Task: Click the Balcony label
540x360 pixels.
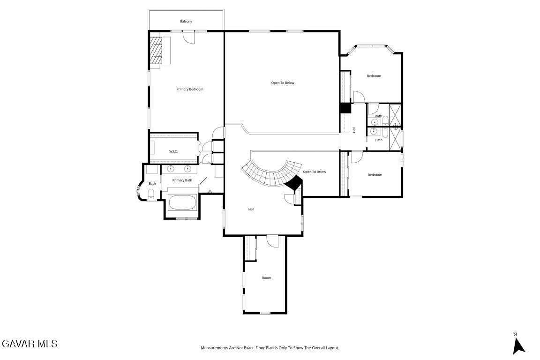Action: pos(186,22)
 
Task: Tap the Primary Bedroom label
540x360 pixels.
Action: pos(190,89)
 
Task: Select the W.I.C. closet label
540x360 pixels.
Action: pos(173,151)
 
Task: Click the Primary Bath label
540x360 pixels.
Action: pos(182,180)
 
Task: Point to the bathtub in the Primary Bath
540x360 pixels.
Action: pos(182,202)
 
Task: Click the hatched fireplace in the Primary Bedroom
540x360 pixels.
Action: pos(156,50)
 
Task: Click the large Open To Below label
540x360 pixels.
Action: pos(283,82)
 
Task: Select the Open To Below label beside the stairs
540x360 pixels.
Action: pos(315,172)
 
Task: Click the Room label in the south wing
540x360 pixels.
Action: pos(267,277)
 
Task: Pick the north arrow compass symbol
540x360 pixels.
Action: pos(518,345)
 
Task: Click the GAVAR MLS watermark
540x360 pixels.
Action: pos(30,344)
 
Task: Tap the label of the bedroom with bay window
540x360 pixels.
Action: pos(374,76)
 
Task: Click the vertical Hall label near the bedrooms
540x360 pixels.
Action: pos(354,130)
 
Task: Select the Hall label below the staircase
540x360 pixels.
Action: pos(251,209)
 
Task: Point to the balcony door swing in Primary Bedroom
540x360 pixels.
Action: pos(188,37)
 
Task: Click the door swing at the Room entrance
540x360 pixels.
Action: pos(272,241)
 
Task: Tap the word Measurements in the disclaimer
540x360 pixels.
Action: pos(215,348)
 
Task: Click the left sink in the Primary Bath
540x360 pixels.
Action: pos(171,169)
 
